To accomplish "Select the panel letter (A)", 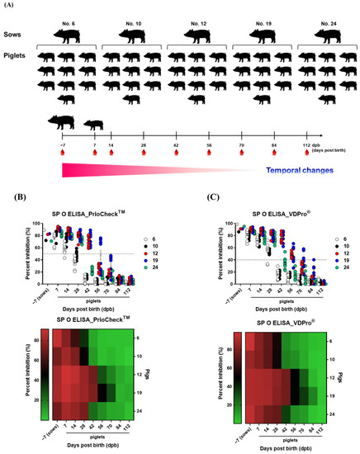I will coord(10,6).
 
